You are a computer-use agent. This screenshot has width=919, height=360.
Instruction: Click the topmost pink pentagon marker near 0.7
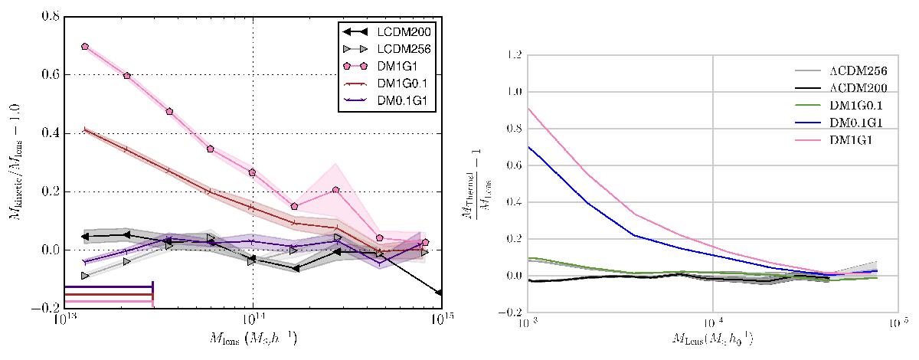click(84, 47)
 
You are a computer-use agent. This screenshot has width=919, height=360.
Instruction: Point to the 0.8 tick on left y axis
click(51, 16)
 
